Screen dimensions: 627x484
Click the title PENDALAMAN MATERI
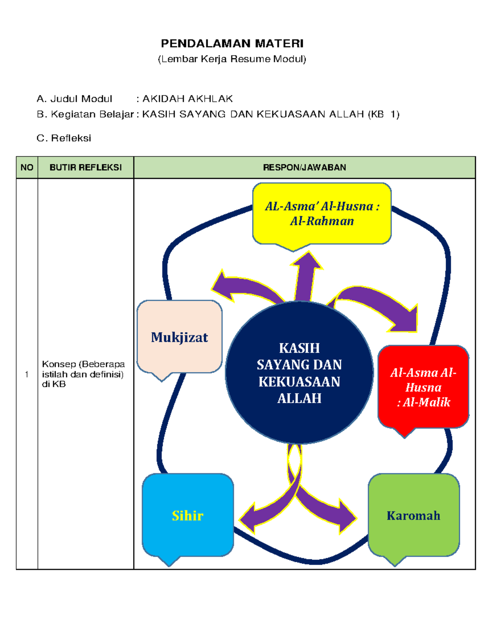click(x=232, y=43)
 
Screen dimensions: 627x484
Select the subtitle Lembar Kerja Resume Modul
click(x=232, y=59)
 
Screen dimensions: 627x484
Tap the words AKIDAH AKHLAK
click(x=188, y=99)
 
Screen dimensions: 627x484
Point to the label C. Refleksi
click(x=64, y=138)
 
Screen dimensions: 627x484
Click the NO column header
click(x=27, y=168)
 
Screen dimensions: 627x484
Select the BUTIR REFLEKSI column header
click(x=86, y=168)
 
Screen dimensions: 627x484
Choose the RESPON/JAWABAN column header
click(x=305, y=168)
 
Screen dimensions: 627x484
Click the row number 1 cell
click(x=27, y=374)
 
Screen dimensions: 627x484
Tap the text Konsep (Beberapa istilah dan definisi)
click(x=83, y=374)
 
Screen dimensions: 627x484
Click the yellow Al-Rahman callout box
click(x=322, y=214)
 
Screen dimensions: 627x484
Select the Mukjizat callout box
click(x=179, y=337)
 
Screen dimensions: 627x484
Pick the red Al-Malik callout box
click(x=423, y=387)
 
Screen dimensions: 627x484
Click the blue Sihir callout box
click(x=188, y=516)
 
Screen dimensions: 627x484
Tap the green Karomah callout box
click(x=413, y=516)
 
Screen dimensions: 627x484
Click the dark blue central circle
click(x=299, y=373)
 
